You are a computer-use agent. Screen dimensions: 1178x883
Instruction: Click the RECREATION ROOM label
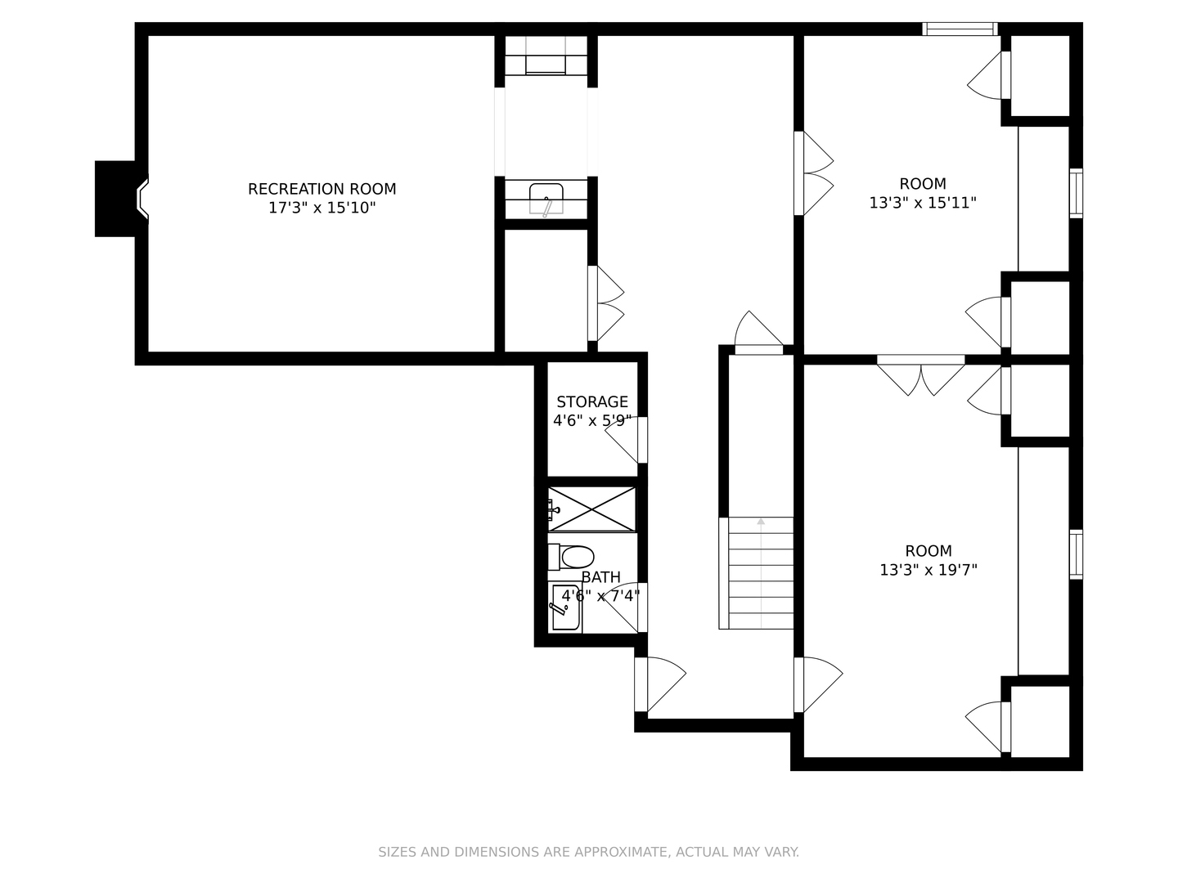321,189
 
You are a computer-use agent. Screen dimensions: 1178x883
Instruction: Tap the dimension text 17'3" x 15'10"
321,208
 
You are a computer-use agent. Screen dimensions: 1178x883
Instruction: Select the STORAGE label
592,402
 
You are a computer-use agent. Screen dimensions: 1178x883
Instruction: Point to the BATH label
600,577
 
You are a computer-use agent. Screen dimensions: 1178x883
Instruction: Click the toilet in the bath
570,557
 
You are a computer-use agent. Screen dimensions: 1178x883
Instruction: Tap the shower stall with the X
591,509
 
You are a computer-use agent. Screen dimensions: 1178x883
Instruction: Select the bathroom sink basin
565,607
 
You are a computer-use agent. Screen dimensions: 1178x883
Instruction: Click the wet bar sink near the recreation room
546,199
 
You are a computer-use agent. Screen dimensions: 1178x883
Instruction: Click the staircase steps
756,572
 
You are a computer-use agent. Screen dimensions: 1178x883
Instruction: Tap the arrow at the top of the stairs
761,521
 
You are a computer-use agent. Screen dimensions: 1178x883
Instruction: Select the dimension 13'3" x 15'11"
923,204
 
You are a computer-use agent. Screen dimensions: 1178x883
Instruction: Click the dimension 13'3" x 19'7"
928,569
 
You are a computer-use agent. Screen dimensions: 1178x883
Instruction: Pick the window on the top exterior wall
960,29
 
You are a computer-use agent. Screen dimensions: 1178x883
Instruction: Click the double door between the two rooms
921,375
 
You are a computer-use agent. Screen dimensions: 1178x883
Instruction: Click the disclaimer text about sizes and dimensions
589,852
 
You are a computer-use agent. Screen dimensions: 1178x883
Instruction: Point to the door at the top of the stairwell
759,333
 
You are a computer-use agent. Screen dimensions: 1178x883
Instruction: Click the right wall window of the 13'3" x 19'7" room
1076,554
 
